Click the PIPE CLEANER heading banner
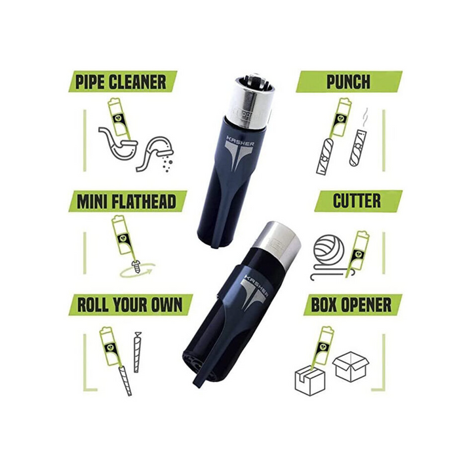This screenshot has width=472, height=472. (123, 82)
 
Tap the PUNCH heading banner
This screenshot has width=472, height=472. (349, 82)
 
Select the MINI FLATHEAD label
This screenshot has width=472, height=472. (128, 201)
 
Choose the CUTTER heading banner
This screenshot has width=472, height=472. (358, 201)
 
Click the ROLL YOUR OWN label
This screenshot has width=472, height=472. (130, 305)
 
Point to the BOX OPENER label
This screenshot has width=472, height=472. (353, 305)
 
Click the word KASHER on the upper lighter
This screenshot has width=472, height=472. (240, 141)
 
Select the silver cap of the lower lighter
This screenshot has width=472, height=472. (277, 244)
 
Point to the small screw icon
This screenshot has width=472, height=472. (136, 266)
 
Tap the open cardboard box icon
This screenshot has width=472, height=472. (351, 366)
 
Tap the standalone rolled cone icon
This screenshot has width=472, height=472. (137, 353)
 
